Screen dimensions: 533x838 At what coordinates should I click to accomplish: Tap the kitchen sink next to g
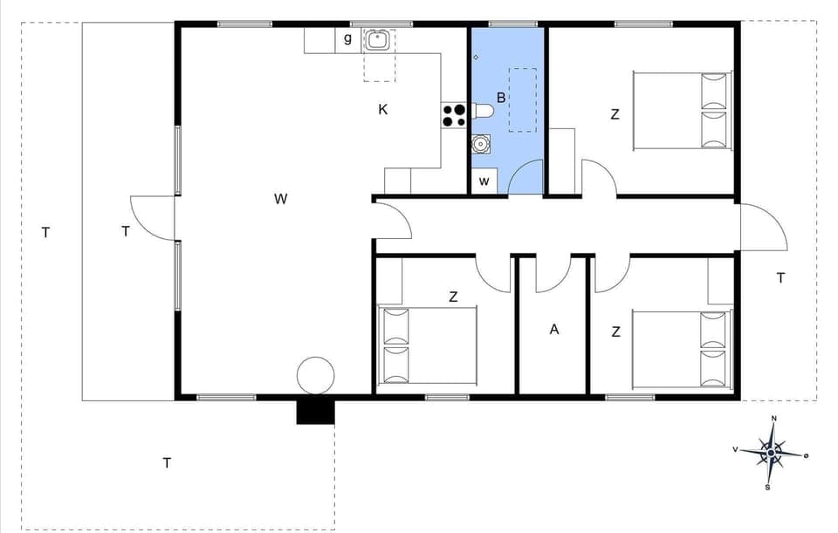[x=377, y=40]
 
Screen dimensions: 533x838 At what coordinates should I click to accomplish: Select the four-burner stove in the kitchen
[x=454, y=115]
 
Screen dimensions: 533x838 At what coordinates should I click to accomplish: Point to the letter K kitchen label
[x=382, y=110]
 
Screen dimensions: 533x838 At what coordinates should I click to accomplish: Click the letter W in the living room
[x=280, y=199]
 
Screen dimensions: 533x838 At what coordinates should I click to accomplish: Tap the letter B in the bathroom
[x=501, y=98]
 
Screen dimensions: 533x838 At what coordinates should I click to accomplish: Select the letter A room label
[x=553, y=330]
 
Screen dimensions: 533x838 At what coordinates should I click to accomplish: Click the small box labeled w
[x=484, y=181]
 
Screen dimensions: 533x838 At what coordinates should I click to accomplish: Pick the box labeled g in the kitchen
[x=347, y=39]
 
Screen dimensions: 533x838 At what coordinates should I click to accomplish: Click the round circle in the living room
[x=315, y=375]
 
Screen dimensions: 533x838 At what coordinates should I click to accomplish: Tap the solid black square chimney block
[x=315, y=411]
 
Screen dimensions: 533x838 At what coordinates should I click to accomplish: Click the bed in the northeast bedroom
[x=681, y=110]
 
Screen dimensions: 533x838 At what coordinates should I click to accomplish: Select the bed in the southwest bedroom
[x=428, y=345]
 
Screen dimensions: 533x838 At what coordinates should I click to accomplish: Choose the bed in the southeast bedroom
[x=679, y=349]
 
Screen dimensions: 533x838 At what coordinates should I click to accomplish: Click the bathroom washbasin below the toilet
[x=480, y=144]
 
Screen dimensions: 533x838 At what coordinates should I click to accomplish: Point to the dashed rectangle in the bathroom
[x=522, y=99]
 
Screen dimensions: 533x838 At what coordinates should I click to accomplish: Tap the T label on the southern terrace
[x=166, y=463]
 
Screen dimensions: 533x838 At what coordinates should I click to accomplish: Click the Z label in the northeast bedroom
[x=615, y=114]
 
